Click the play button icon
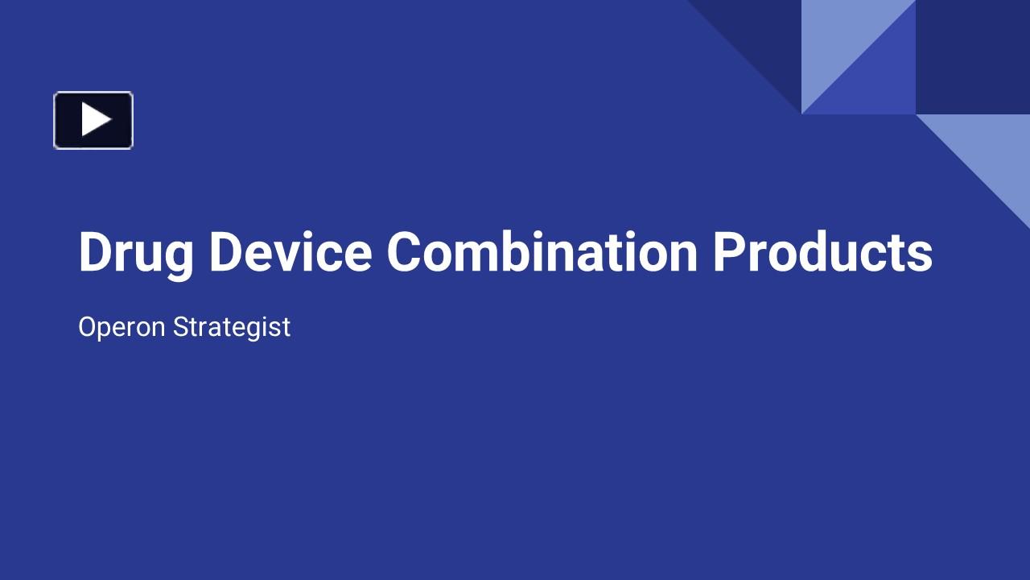(x=93, y=120)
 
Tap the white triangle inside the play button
(x=96, y=120)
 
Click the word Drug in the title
(x=136, y=253)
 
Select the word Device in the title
(x=290, y=253)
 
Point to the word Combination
(x=542, y=253)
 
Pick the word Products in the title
(x=822, y=253)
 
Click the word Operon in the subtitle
(x=122, y=327)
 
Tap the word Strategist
(x=231, y=327)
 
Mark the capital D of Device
(x=225, y=251)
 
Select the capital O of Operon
(x=89, y=327)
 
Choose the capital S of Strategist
(x=181, y=327)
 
